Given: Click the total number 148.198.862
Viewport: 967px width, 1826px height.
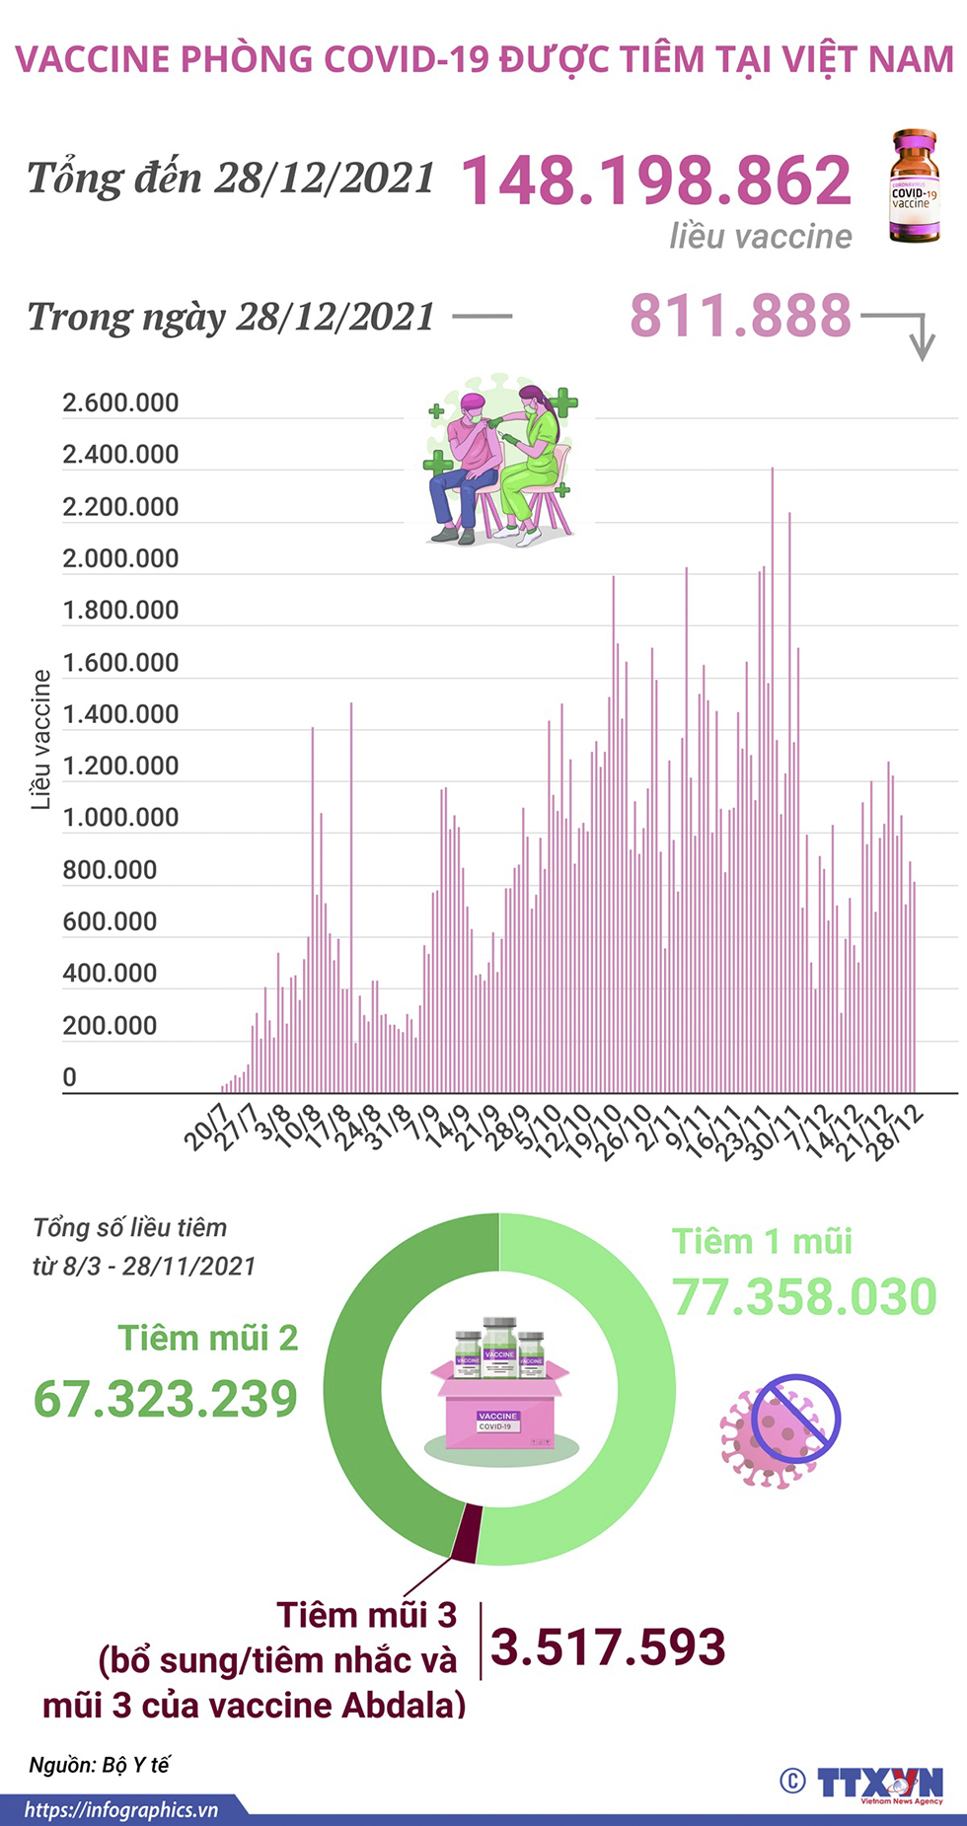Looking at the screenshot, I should click(656, 181).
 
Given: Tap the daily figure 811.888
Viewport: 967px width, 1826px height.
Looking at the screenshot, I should click(740, 316).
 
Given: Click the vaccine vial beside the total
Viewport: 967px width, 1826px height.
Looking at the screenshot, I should click(914, 187).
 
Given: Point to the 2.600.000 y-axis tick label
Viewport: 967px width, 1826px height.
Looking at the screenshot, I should click(120, 402).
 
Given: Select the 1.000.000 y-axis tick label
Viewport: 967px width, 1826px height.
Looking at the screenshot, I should click(120, 818).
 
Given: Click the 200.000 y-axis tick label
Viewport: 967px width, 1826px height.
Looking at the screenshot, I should click(110, 1026).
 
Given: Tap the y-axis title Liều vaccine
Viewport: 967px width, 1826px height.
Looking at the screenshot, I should click(40, 740).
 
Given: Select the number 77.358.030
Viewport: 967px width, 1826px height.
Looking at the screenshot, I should click(804, 1296).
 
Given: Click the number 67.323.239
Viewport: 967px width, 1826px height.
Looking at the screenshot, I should click(166, 1399).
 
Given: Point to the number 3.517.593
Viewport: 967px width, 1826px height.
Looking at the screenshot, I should click(608, 1647).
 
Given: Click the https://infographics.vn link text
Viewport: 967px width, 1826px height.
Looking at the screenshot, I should click(120, 1810).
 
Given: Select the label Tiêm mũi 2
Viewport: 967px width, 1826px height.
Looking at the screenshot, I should click(208, 1338).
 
